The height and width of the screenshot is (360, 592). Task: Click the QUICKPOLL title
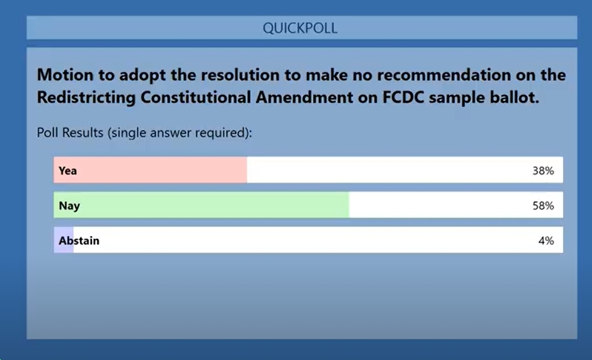click(300, 28)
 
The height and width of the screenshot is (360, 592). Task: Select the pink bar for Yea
click(151, 170)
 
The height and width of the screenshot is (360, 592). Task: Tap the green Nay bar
click(201, 205)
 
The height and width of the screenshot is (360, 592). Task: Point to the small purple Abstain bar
click(64, 240)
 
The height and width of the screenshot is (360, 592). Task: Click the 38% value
click(543, 171)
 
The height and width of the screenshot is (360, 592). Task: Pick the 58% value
click(543, 206)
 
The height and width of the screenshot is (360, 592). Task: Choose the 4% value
click(546, 240)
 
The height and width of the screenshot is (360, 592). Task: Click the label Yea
click(68, 171)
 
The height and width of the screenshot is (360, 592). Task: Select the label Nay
click(70, 206)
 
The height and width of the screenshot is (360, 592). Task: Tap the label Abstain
click(79, 240)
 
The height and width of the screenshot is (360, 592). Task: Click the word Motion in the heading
click(65, 75)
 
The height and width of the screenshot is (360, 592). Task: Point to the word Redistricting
click(86, 97)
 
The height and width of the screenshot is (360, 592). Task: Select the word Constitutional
click(196, 97)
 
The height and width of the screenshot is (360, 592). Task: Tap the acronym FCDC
click(404, 97)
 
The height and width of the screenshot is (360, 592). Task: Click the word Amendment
click(304, 97)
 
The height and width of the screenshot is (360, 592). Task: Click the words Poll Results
click(70, 133)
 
